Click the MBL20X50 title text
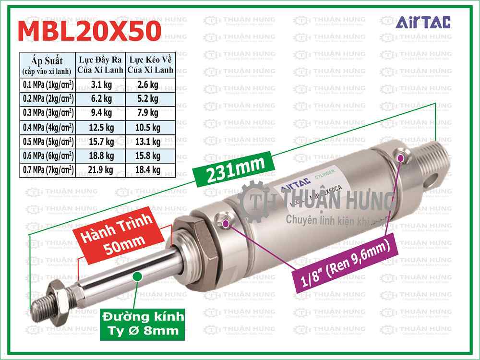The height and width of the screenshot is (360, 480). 89,32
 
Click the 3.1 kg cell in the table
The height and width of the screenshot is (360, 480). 101,85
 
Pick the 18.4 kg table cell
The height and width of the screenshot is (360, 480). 149,169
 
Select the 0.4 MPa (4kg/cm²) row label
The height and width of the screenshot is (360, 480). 48,127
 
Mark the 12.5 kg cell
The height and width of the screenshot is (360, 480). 101,127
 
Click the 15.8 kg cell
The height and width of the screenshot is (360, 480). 149,156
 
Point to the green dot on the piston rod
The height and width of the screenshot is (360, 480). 137,276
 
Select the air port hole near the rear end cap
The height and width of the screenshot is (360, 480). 402,156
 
